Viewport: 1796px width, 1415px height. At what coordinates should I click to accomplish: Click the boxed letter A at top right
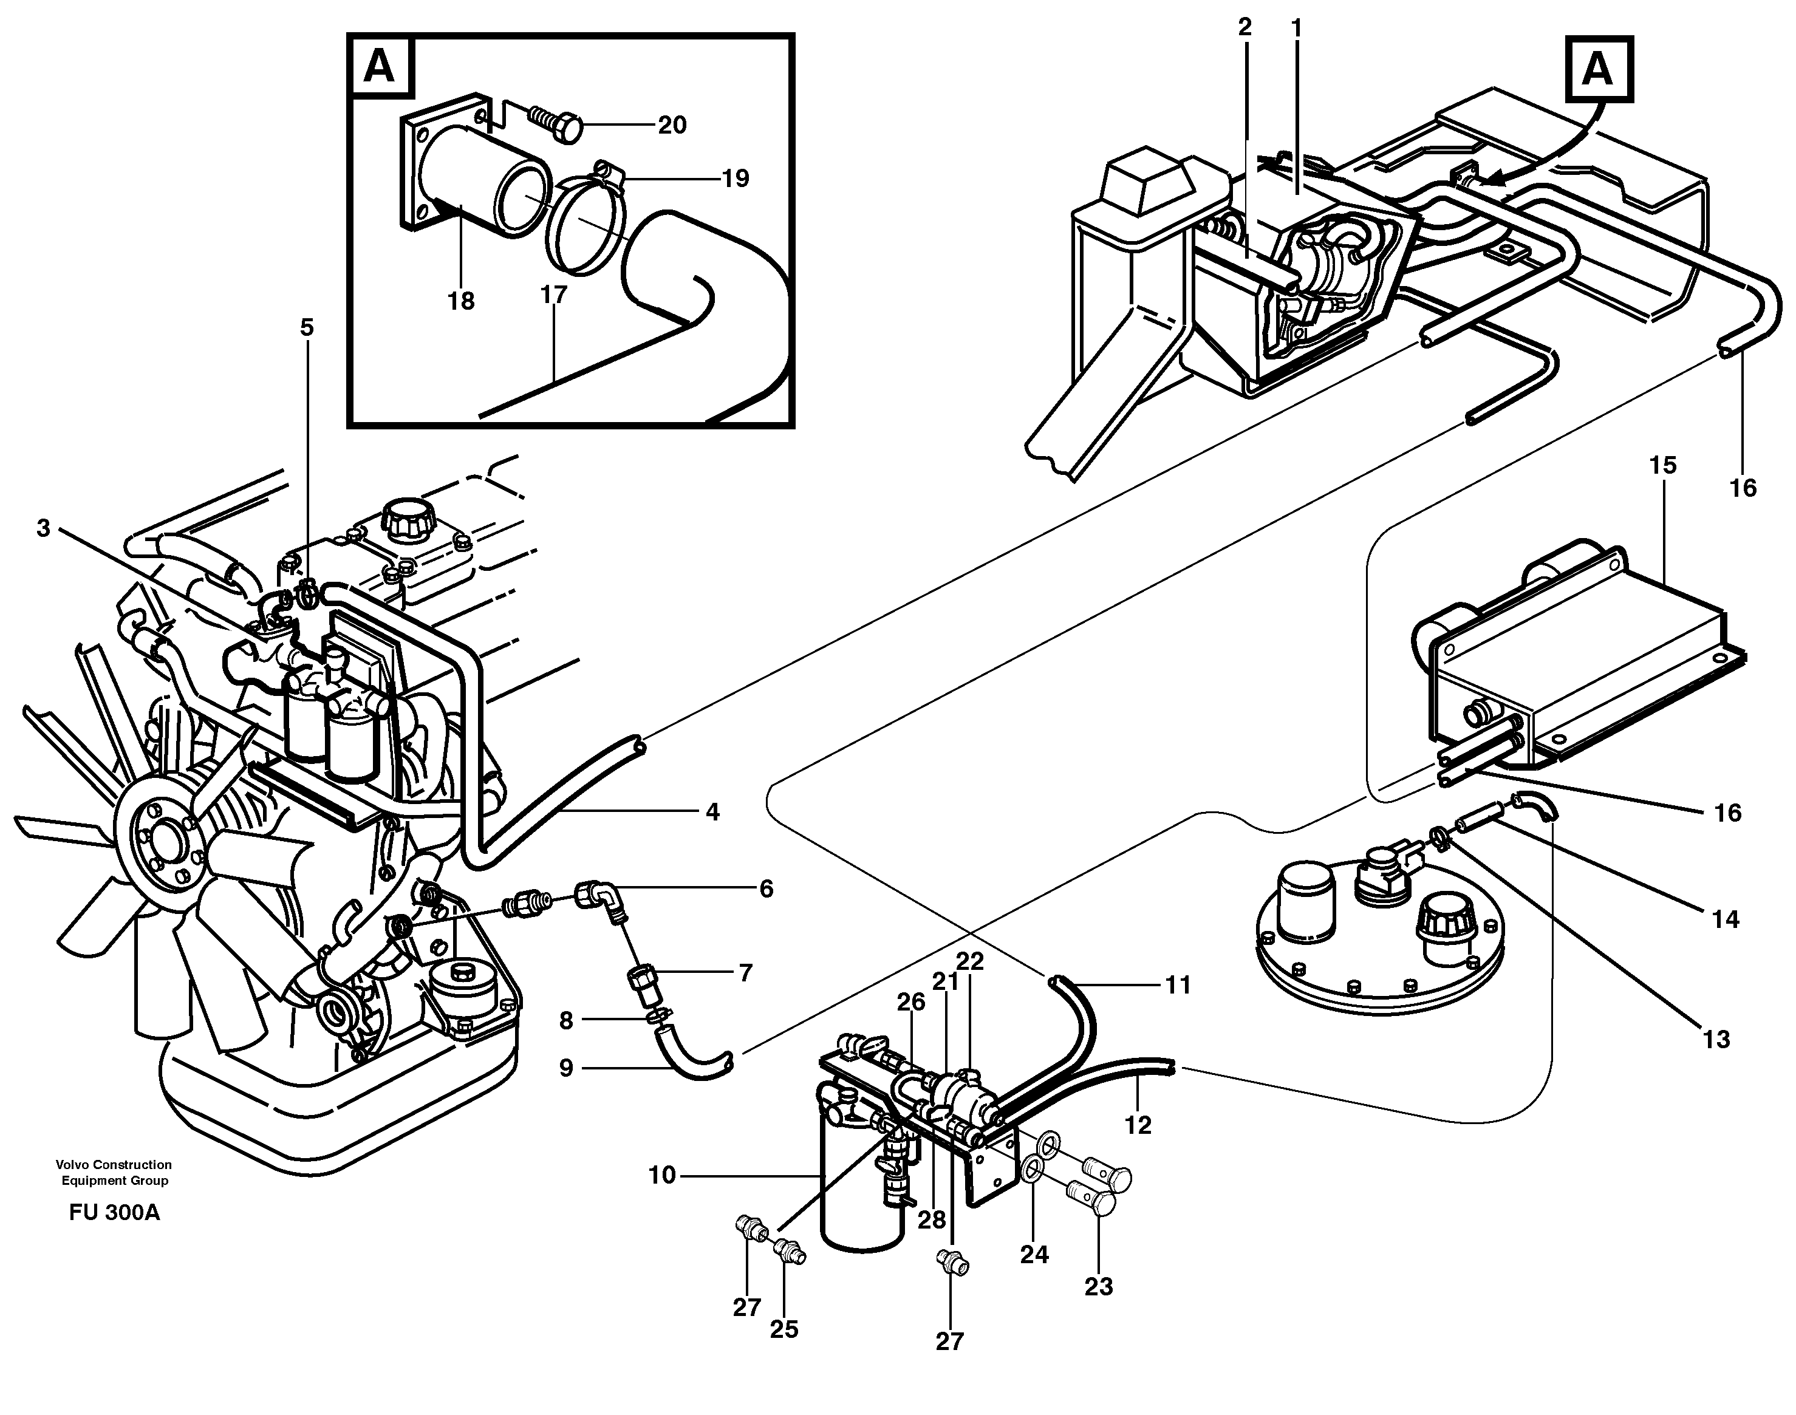[x=1597, y=70]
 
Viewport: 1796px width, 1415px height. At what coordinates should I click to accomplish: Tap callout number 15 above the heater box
[x=1662, y=466]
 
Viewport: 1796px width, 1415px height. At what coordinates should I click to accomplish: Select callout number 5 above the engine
[x=307, y=328]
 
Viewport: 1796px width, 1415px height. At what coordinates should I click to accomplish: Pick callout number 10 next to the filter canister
[x=662, y=1176]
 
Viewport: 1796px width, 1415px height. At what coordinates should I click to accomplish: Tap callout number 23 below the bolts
[x=1099, y=1287]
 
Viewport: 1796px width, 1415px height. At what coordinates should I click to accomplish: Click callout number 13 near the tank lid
[x=1716, y=1040]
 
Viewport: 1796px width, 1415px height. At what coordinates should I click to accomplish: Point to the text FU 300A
[x=114, y=1213]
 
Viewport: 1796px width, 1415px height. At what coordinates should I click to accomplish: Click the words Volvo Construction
[x=114, y=1165]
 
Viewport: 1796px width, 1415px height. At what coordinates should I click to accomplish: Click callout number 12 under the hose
[x=1138, y=1125]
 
